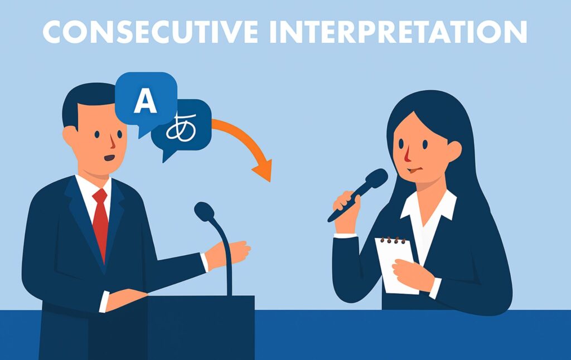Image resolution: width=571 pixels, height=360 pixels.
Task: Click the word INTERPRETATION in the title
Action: pos(398,32)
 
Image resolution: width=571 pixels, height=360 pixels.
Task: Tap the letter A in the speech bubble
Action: pos(146,101)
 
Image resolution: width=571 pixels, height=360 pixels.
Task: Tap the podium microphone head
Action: pos(204,212)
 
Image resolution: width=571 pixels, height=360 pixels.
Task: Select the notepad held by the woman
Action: pos(397,266)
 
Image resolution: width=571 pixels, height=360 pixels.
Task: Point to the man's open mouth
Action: pos(109,158)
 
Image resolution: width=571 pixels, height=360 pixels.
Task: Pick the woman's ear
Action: pos(454,149)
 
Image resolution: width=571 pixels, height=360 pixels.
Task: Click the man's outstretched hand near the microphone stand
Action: pos(228,254)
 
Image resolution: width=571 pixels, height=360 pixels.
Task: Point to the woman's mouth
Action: pos(415,170)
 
